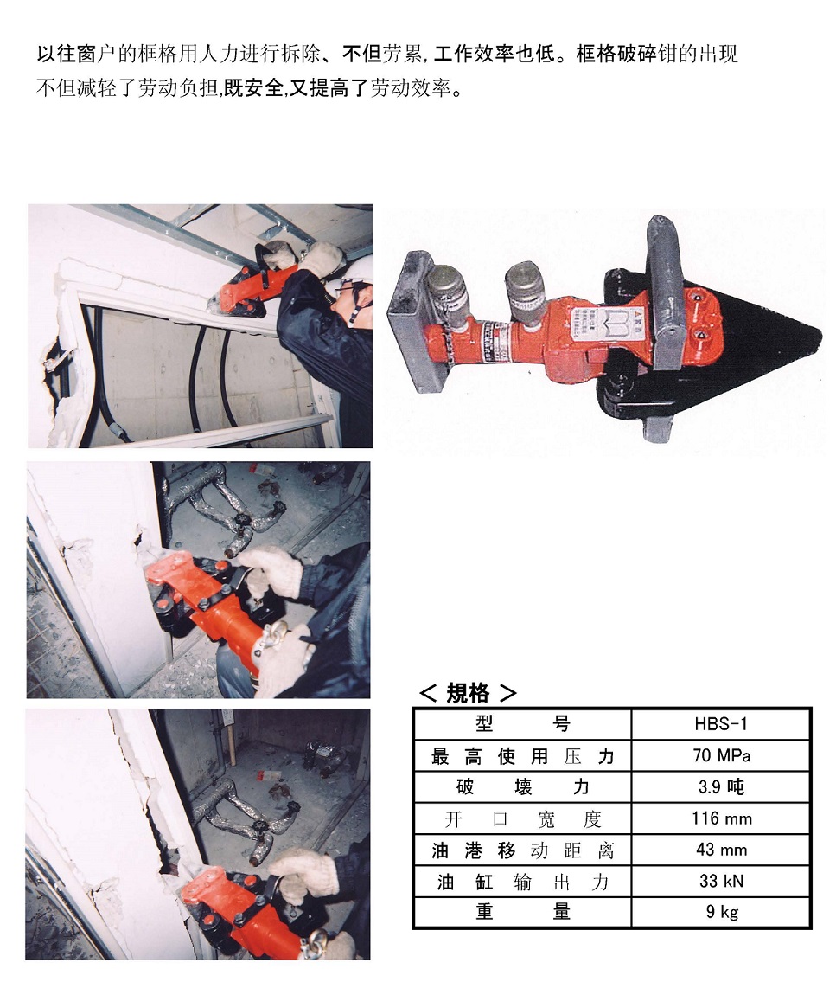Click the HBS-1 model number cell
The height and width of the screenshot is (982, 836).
(x=721, y=724)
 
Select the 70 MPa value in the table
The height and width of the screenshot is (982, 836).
(x=721, y=755)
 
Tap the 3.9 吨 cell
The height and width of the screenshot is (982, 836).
(x=721, y=786)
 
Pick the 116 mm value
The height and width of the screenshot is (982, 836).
(x=722, y=818)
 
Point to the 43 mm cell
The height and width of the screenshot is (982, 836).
(x=722, y=850)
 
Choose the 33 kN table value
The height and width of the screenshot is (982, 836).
(x=722, y=881)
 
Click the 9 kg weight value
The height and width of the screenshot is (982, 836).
(x=722, y=911)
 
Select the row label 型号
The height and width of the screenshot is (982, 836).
(x=522, y=724)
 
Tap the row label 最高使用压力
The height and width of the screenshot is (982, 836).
(x=522, y=756)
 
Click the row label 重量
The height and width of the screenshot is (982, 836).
(x=522, y=911)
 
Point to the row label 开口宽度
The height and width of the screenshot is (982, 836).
(x=522, y=818)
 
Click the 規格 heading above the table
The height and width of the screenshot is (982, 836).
(x=468, y=693)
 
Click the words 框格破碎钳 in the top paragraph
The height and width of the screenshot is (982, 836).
(x=616, y=55)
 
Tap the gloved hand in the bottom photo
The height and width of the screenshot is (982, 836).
(x=305, y=874)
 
